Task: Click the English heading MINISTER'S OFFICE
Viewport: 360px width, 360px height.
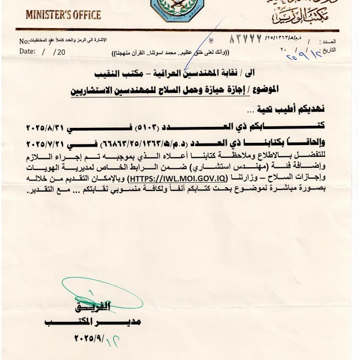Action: (x=63, y=14)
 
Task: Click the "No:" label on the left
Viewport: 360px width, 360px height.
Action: (x=24, y=42)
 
